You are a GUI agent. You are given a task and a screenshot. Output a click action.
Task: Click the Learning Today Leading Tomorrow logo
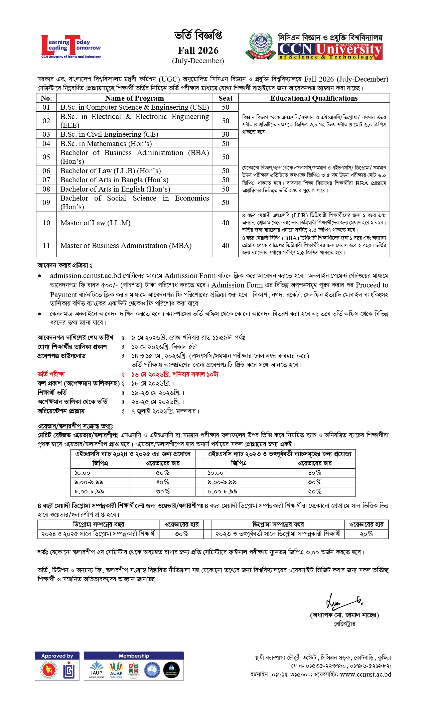(x=71, y=47)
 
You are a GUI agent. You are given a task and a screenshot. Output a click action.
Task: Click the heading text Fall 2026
(x=198, y=50)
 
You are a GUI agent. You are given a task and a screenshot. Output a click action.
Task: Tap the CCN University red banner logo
(x=330, y=51)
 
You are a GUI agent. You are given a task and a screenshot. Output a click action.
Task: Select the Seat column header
(x=226, y=98)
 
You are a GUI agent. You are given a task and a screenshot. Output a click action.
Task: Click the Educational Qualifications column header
(x=314, y=98)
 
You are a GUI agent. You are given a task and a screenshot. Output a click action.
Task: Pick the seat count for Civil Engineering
(x=226, y=134)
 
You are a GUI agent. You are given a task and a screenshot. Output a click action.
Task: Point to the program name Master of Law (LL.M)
(x=96, y=223)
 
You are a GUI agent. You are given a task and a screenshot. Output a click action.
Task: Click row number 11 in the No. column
(x=46, y=245)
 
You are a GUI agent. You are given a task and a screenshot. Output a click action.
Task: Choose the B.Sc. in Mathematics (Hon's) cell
(x=106, y=143)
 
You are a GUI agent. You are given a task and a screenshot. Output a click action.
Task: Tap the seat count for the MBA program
(x=226, y=245)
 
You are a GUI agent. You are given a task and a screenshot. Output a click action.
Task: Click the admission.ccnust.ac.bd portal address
(x=86, y=276)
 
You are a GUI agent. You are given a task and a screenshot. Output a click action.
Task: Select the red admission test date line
(x=175, y=374)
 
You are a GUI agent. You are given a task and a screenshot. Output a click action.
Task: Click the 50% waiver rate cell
(x=163, y=473)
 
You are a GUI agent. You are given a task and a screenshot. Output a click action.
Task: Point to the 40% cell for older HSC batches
(x=314, y=473)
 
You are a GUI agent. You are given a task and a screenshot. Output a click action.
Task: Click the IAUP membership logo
(x=97, y=670)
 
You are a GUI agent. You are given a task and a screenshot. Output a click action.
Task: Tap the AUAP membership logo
(x=116, y=670)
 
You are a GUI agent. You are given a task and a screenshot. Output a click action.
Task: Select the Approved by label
(x=57, y=656)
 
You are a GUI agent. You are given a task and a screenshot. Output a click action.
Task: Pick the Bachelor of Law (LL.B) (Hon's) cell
(x=111, y=170)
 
